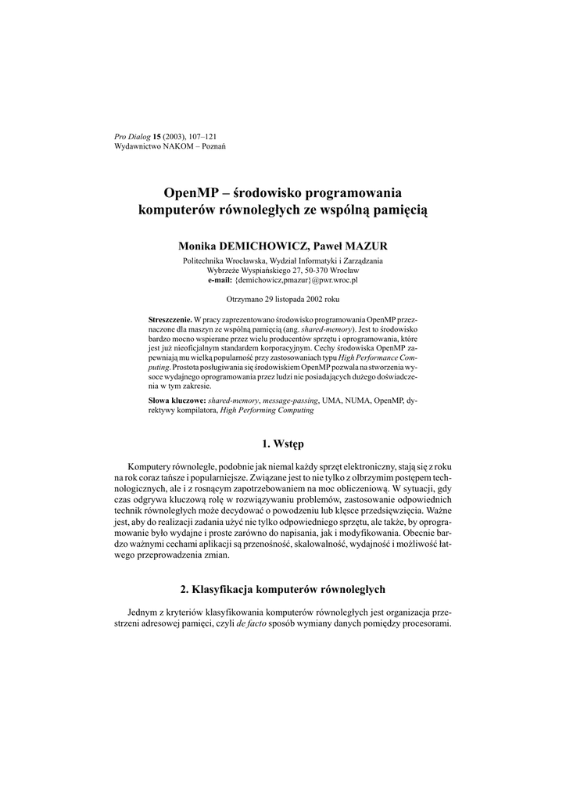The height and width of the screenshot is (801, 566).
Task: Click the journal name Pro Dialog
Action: tap(132, 137)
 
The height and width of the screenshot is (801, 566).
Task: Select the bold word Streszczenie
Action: tap(170, 321)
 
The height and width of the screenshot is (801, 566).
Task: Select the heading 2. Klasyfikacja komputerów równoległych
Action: tap(282, 588)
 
